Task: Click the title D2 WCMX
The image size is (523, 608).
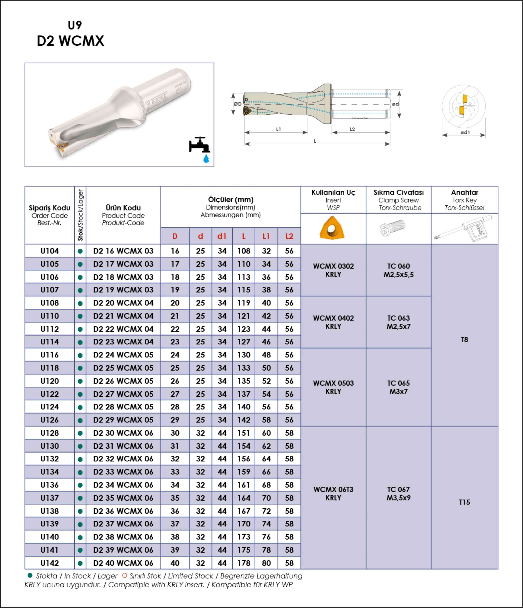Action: [71, 41]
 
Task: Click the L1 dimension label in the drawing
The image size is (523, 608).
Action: [278, 129]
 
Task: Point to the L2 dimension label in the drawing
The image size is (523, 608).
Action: [352, 129]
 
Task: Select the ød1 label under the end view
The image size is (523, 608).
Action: [465, 132]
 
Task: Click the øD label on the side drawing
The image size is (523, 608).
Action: [237, 104]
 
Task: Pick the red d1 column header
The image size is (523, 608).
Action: [222, 236]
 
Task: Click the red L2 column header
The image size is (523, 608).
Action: [289, 236]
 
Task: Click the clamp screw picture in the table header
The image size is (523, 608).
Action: [393, 228]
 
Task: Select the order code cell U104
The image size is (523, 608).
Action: [49, 251]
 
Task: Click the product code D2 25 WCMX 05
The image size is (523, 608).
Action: [123, 368]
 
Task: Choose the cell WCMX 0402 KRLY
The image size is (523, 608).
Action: [333, 322]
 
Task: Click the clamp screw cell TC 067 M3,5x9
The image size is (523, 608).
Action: [398, 494]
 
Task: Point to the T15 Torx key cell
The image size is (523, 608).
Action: [464, 502]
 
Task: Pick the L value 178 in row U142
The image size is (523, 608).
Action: [244, 563]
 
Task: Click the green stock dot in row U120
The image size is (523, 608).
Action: [80, 381]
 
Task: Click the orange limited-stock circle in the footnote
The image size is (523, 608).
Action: [125, 576]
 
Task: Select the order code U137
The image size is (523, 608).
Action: [49, 498]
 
